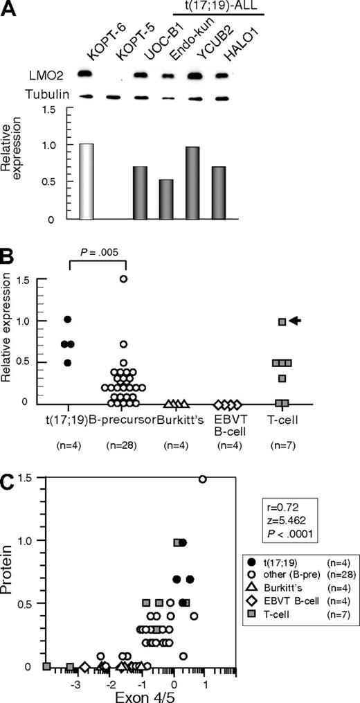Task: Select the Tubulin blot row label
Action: (46, 96)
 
